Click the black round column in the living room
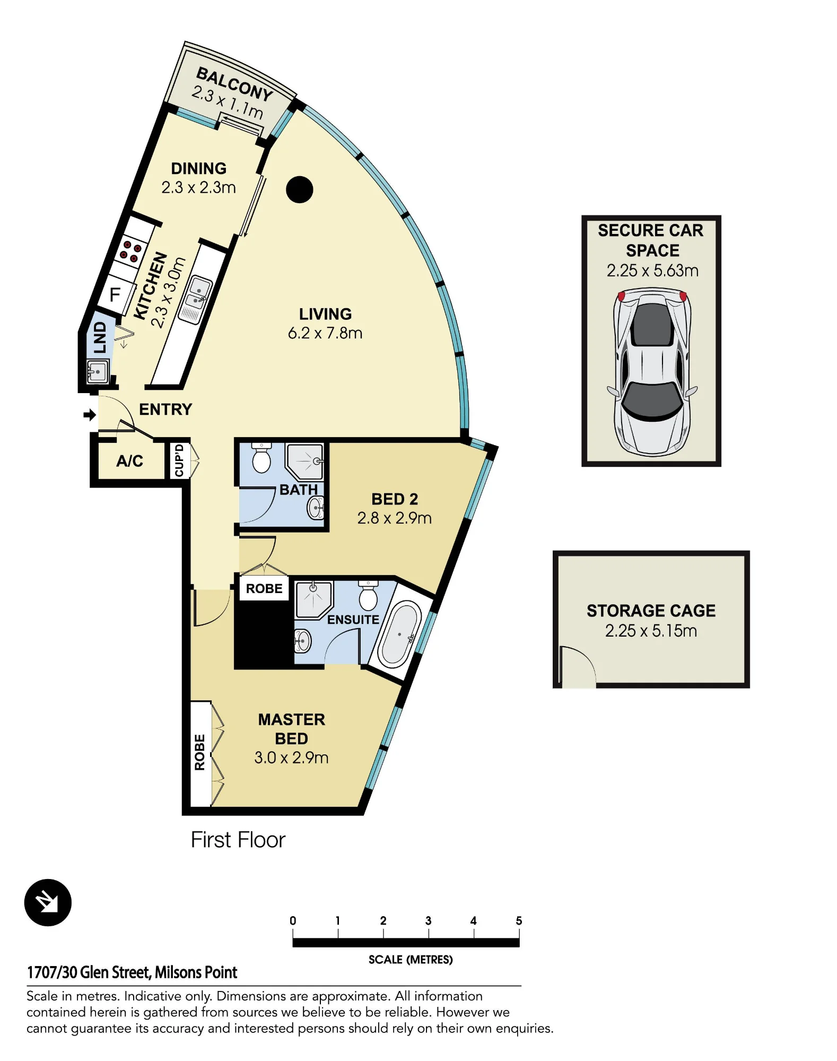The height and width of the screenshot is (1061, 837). tap(300, 189)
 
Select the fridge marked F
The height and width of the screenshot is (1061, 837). tap(115, 294)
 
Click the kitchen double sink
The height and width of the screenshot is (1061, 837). tap(195, 300)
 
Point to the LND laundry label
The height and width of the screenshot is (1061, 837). tap(100, 337)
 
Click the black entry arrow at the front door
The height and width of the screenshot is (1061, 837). tap(90, 414)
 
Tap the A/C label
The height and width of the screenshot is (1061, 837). tap(130, 460)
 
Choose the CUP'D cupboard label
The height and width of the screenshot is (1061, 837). tap(179, 460)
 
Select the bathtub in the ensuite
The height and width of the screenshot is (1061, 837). tap(399, 634)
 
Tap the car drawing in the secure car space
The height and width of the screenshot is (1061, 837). tap(652, 372)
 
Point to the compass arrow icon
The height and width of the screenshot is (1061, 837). tap(48, 902)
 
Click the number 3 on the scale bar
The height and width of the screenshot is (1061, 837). tap(428, 920)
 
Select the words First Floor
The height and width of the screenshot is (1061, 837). tap(238, 840)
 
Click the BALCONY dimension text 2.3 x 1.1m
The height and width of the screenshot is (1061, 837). tap(227, 102)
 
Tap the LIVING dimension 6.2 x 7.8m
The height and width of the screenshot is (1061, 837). tap(325, 333)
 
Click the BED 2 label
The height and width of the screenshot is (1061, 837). tap(395, 499)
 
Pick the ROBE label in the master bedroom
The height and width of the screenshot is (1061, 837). tap(199, 752)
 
